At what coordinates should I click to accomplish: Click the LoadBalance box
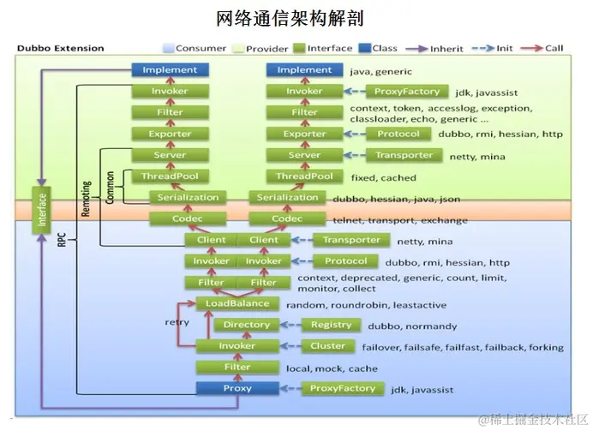(x=237, y=303)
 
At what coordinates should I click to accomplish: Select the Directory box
(x=246, y=325)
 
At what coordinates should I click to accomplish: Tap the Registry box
(x=331, y=325)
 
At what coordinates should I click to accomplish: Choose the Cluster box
(x=327, y=346)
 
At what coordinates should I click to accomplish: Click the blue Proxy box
(x=237, y=388)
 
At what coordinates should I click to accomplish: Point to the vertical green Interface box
(x=42, y=209)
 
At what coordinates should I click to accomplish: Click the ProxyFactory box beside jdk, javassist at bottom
(x=342, y=388)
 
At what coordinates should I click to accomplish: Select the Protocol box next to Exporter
(x=398, y=135)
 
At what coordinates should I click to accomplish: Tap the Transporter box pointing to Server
(x=404, y=155)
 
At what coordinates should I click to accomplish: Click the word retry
(x=177, y=321)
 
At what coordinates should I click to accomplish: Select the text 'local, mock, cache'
(x=332, y=368)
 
